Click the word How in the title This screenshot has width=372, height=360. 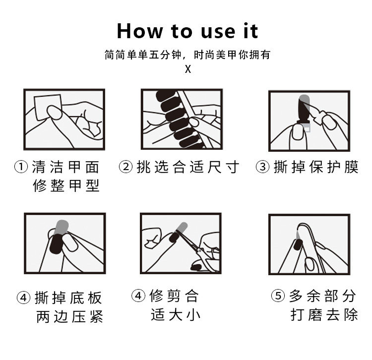coord(140,31)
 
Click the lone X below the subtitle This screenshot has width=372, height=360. coord(188,69)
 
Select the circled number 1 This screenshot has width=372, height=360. coord(21,167)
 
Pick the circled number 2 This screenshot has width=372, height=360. coord(126,167)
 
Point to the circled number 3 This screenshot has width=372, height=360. coord(262,167)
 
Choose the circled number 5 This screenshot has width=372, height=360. coord(278,296)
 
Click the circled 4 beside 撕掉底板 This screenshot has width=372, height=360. coord(23,298)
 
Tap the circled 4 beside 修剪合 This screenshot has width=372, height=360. coord(138,296)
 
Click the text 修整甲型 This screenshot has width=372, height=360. coord(66,185)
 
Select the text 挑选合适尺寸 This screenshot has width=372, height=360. coord(188,167)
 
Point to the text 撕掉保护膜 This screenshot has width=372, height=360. coord(316,167)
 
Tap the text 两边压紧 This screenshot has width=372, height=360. coord(70,316)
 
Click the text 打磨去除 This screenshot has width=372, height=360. coord(324,314)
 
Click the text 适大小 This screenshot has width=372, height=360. coord(176,314)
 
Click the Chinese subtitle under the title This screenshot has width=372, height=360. coord(187,55)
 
